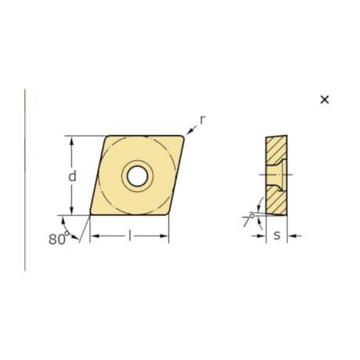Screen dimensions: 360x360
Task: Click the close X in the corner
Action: [x=325, y=99]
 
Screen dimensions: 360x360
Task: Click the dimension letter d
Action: [x=72, y=176]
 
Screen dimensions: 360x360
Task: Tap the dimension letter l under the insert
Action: [x=129, y=236]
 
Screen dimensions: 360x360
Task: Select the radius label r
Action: [x=202, y=119]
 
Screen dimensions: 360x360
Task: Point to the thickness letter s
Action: [x=277, y=236]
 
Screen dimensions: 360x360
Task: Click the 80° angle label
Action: [x=57, y=239]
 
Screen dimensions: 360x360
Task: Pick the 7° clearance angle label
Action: [x=247, y=222]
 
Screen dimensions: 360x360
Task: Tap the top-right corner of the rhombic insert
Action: [x=185, y=137]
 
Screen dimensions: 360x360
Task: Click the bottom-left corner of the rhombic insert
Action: [x=91, y=214]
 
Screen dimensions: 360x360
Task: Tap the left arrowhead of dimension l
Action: [x=94, y=236]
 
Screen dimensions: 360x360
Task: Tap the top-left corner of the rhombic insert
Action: [x=106, y=137]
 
